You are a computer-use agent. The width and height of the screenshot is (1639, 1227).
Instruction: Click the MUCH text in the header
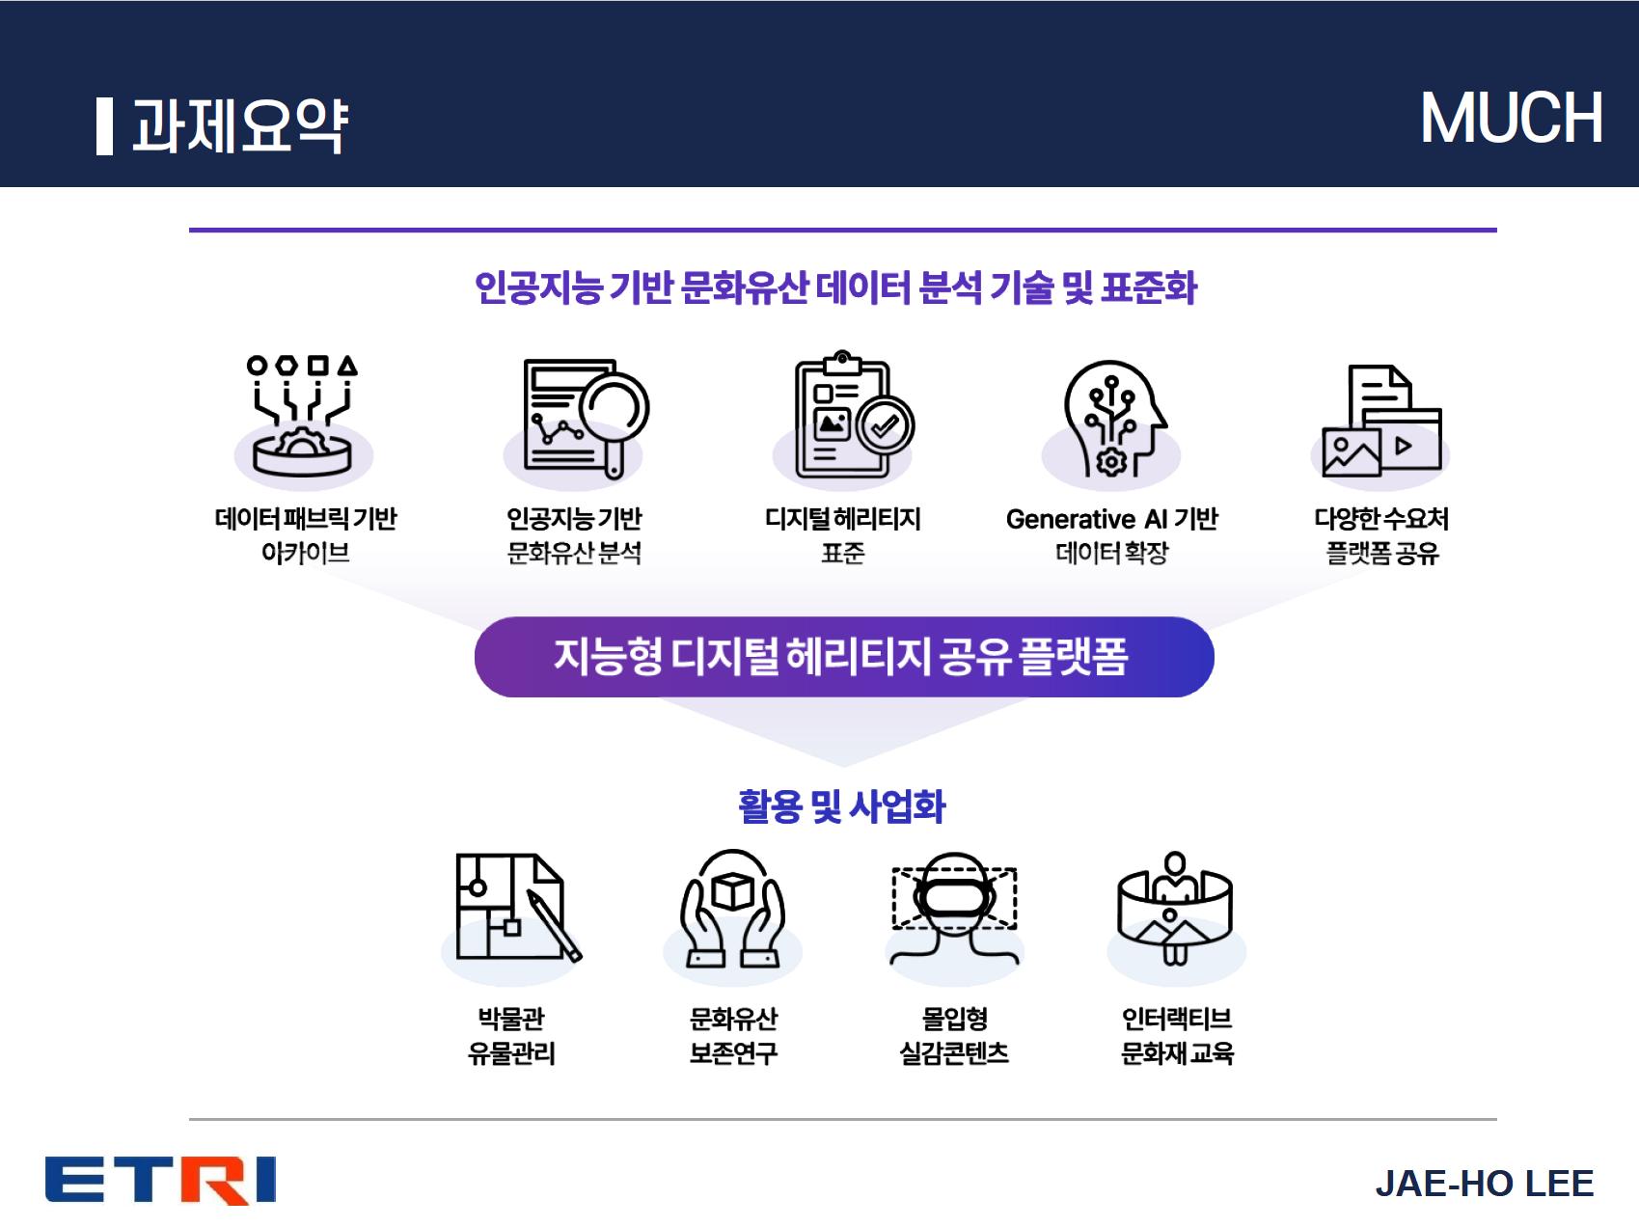click(x=1512, y=119)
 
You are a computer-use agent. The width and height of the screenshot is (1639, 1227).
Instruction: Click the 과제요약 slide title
click(x=239, y=126)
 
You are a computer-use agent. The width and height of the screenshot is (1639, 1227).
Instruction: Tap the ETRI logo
click(x=161, y=1181)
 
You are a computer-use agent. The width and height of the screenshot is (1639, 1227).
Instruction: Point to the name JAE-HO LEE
click(x=1485, y=1184)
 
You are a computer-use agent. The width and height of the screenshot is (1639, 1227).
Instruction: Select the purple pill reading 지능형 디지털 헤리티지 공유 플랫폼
click(x=844, y=657)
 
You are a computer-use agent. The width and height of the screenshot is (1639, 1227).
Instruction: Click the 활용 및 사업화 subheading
click(x=842, y=806)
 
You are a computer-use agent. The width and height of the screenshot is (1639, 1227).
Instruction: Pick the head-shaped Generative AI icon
click(x=1114, y=418)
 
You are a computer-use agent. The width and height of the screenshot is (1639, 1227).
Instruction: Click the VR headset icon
click(x=954, y=908)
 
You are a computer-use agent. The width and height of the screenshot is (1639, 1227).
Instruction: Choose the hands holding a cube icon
click(x=733, y=908)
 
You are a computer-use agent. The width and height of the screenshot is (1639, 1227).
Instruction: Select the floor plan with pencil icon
click(x=518, y=907)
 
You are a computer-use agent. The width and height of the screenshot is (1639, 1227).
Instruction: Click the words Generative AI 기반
click(x=1111, y=519)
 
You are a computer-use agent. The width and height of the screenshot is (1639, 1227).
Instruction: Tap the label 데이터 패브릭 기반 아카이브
click(x=306, y=535)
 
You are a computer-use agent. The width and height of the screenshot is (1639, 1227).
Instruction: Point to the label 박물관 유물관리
click(x=511, y=1035)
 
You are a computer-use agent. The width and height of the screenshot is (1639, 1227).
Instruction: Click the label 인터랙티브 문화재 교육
click(x=1177, y=1035)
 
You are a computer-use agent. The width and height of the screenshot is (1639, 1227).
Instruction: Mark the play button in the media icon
click(x=1404, y=446)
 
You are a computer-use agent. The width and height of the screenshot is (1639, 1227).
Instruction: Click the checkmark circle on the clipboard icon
click(x=886, y=425)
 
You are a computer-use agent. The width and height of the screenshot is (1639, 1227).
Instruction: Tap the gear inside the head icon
click(x=1111, y=462)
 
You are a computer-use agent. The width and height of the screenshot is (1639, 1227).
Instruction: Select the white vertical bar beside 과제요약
click(x=104, y=126)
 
